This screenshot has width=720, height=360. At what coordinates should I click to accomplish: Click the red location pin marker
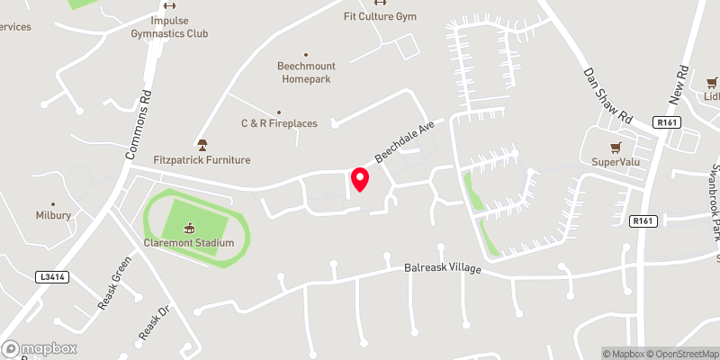coord(360,179)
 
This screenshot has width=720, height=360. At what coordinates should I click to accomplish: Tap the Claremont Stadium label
coord(189,243)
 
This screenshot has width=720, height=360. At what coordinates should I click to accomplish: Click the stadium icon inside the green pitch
coord(189,228)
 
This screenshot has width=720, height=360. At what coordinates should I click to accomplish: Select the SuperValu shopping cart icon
coord(616,148)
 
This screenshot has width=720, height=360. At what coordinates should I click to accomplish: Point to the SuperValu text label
coord(615,162)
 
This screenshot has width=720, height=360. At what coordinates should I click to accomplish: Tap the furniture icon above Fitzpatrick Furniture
coord(202,145)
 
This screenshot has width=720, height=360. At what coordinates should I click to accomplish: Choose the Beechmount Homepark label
coord(304,73)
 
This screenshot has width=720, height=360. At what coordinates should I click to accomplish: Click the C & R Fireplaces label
coord(279,123)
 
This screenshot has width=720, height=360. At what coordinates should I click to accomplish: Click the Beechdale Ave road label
coord(405,142)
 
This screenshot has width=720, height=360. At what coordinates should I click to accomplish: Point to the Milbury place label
coord(53,216)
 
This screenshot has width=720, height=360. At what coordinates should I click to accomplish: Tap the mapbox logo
coord(40,348)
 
